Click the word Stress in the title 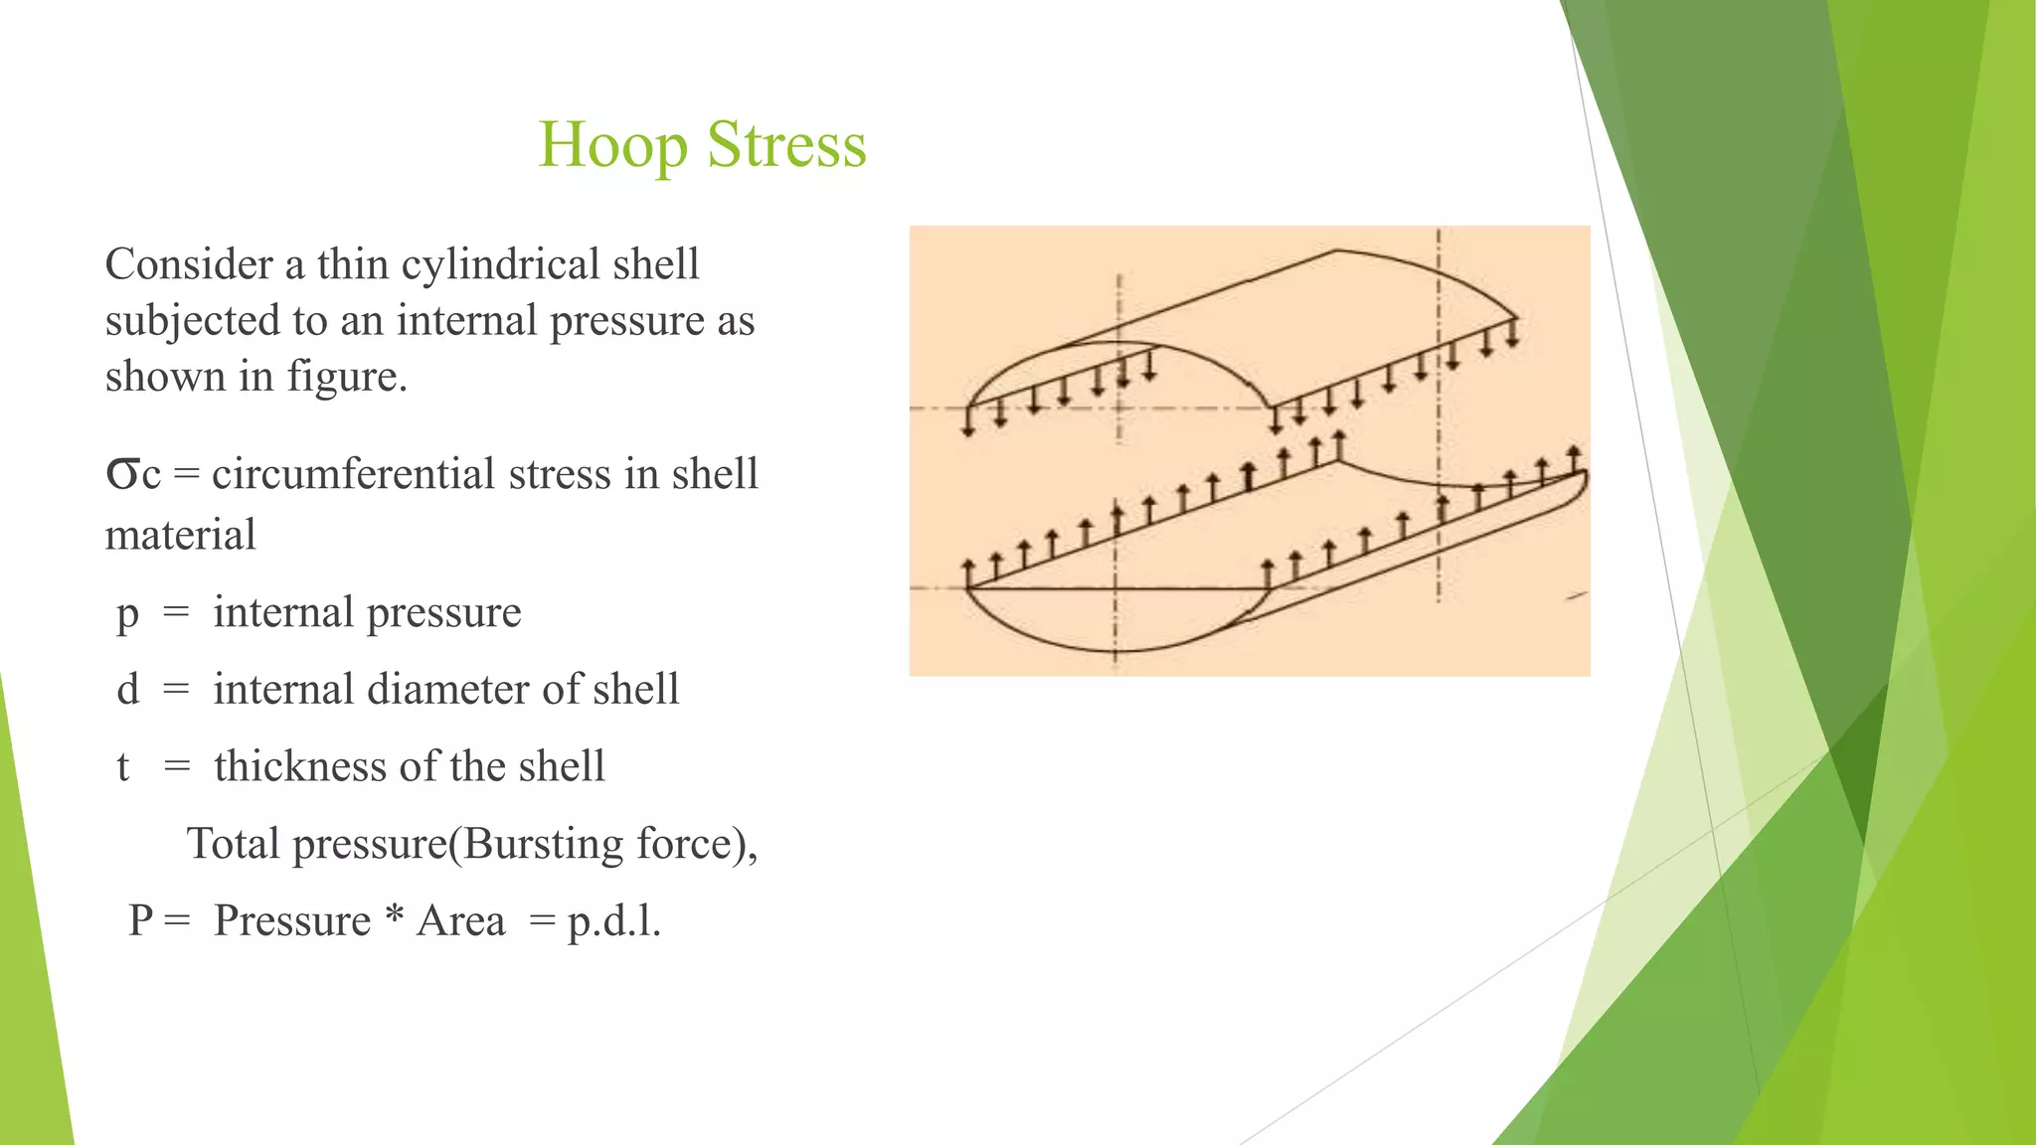[x=786, y=145]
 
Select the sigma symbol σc [x=132, y=474]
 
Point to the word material [x=181, y=536]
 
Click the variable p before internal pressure [x=127, y=613]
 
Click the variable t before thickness [x=123, y=767]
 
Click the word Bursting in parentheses [x=543, y=844]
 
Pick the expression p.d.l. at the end [x=613, y=921]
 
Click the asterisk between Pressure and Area [x=395, y=917]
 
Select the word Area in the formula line [x=460, y=921]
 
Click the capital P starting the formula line [x=141, y=921]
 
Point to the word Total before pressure [x=234, y=844]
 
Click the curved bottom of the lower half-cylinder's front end [x=1115, y=651]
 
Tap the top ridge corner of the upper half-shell [x=1336, y=250]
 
